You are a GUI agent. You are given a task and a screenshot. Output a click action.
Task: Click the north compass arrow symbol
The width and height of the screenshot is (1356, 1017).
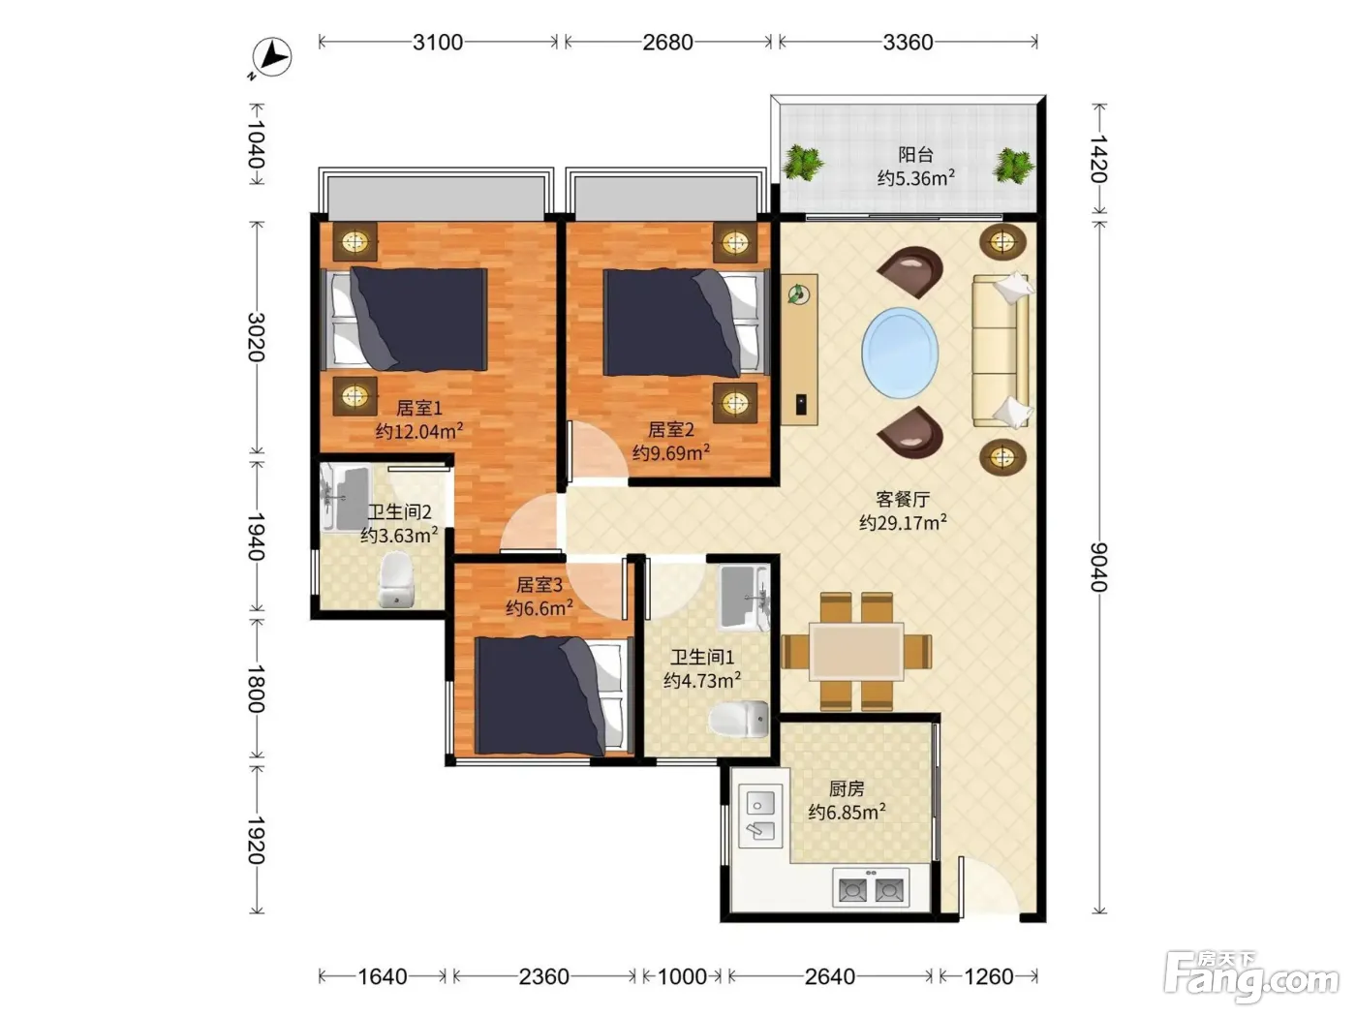coord(272,57)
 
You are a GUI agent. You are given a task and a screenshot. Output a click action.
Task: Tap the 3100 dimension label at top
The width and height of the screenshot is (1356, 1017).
coord(438,42)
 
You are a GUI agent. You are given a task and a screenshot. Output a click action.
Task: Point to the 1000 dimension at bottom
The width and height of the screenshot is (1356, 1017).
coord(682,976)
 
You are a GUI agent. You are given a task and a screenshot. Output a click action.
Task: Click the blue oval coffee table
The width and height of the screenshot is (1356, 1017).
coord(900,353)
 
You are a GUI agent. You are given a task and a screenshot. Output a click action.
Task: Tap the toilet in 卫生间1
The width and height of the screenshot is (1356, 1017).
coord(739,719)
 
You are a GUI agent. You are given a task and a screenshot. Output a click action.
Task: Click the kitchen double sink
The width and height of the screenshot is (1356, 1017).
coord(760,816)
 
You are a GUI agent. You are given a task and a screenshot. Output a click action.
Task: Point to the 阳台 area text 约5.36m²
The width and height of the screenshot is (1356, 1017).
coord(916,178)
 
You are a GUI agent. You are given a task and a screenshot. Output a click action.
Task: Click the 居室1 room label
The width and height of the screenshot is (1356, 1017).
coord(419,408)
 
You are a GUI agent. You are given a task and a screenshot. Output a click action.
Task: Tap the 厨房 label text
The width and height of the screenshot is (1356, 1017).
coord(847,788)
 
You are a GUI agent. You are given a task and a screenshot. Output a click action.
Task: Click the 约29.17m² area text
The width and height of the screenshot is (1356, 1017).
coord(903,522)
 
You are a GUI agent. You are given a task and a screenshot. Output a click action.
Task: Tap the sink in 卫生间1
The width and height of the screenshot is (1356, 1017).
coord(745,597)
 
